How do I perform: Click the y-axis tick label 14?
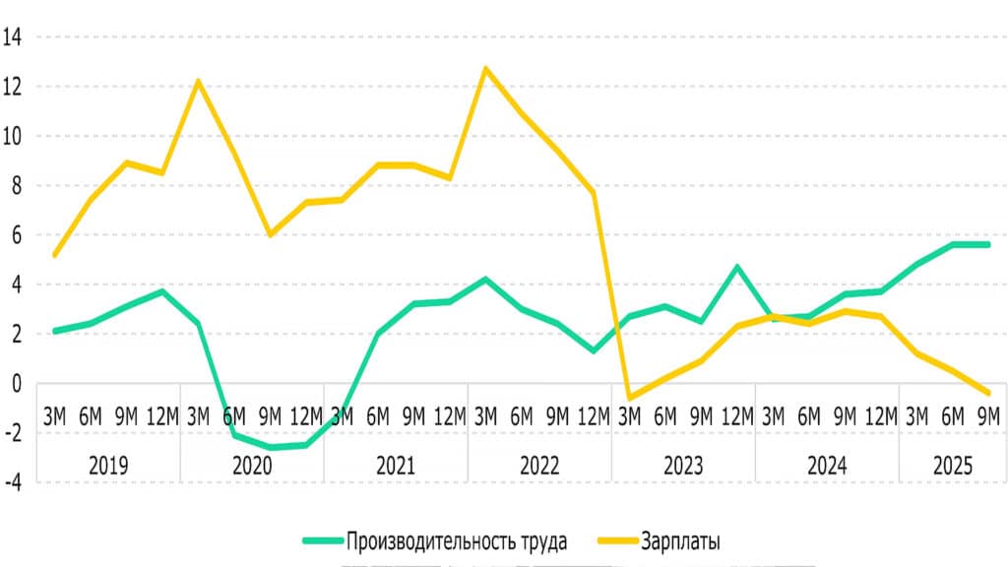15,37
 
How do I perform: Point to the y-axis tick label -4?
15,482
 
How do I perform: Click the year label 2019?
108,466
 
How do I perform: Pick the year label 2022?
539,466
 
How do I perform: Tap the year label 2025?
953,466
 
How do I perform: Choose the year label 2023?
683,466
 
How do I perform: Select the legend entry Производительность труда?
456,540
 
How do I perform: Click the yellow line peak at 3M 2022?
486,68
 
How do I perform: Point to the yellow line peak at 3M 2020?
199,81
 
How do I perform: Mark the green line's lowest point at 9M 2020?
271,448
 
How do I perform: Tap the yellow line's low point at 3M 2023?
630,398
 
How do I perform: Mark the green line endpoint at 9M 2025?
988,244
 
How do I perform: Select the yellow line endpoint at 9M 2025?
988,393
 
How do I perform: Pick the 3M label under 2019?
55,417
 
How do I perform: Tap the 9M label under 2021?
414,417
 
